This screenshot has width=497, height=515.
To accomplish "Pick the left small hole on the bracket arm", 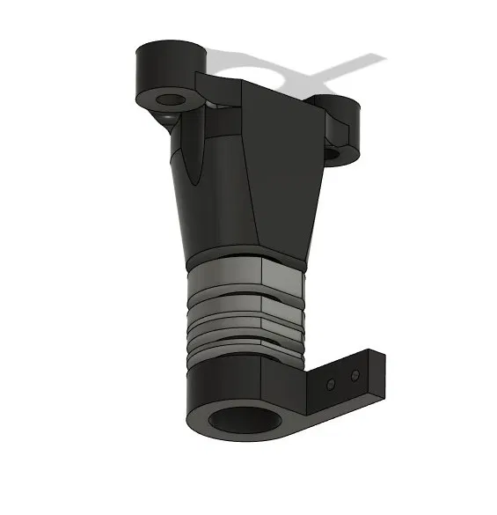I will tap(330, 386).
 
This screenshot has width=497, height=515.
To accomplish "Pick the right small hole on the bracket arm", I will tap(354, 376).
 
